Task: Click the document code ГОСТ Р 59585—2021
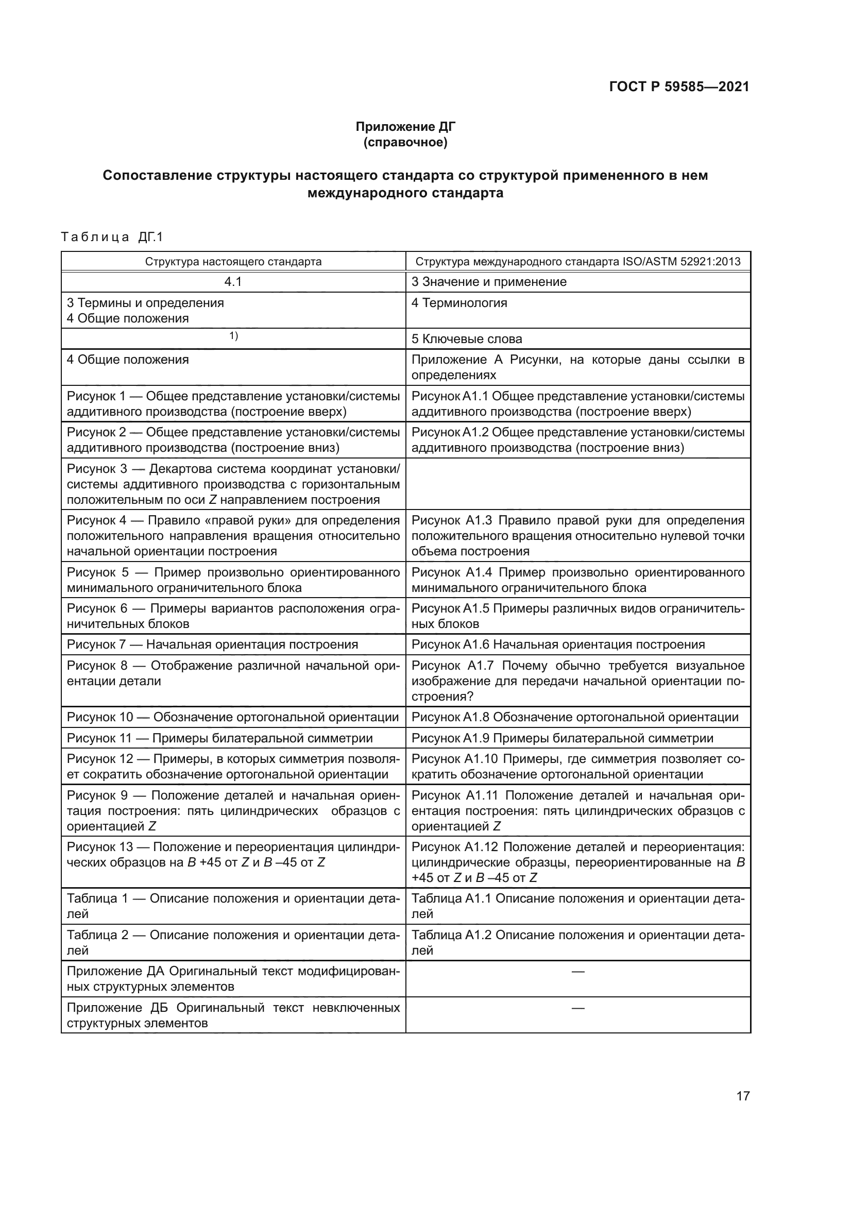click(x=679, y=87)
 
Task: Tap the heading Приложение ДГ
click(x=405, y=127)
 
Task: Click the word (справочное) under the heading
click(x=405, y=142)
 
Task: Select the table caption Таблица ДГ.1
click(x=112, y=237)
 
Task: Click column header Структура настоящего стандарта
click(x=233, y=261)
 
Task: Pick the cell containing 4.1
click(x=233, y=282)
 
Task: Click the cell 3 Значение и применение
click(x=488, y=282)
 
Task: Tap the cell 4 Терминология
click(x=459, y=303)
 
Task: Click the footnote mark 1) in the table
click(x=233, y=336)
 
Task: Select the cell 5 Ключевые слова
click(x=466, y=339)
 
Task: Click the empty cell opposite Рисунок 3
click(x=577, y=484)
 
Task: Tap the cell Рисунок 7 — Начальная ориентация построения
click(x=212, y=644)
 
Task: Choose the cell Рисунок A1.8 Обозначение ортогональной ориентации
click(x=574, y=717)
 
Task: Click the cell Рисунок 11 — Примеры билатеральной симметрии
click(x=219, y=738)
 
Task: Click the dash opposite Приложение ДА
click(x=577, y=972)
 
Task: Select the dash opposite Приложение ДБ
click(x=577, y=1008)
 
